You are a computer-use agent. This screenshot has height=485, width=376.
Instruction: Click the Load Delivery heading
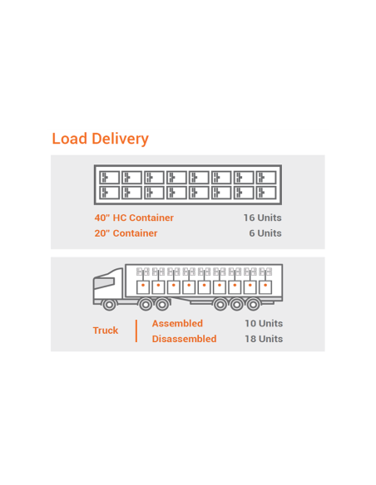pos(100,139)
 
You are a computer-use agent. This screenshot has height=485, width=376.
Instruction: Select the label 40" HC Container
pos(134,218)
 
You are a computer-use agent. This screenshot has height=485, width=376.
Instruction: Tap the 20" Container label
pos(126,233)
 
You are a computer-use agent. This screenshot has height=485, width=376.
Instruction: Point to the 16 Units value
pos(262,218)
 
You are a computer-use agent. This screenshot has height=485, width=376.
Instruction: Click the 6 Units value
pos(265,233)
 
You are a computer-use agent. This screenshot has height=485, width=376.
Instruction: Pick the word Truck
pos(106,331)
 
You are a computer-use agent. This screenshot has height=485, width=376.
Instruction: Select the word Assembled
pos(177,324)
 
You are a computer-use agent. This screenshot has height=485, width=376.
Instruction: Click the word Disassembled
pos(185,339)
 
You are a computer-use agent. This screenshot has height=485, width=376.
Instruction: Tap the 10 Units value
pos(264,324)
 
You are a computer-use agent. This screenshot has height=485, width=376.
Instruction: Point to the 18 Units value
pos(264,339)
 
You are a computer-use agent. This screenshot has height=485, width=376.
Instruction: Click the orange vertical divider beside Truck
pos(136,331)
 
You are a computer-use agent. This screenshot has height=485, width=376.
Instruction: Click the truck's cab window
pos(104,282)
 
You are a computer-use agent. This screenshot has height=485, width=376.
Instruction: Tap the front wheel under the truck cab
pos(109,305)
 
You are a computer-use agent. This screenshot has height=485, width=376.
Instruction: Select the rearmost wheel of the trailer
pos(254,305)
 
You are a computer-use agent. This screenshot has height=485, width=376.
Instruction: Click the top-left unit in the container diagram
pos(109,178)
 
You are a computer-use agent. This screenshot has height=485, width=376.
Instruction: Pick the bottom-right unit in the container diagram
pos(266,193)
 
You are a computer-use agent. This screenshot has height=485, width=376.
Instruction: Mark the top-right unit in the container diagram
pos(266,178)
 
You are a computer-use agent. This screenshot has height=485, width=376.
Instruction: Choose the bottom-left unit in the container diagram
pos(109,193)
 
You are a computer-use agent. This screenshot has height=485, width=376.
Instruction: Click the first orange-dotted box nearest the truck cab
pos(143,287)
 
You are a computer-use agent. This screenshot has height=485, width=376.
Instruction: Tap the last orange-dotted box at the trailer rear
pos(265,287)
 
